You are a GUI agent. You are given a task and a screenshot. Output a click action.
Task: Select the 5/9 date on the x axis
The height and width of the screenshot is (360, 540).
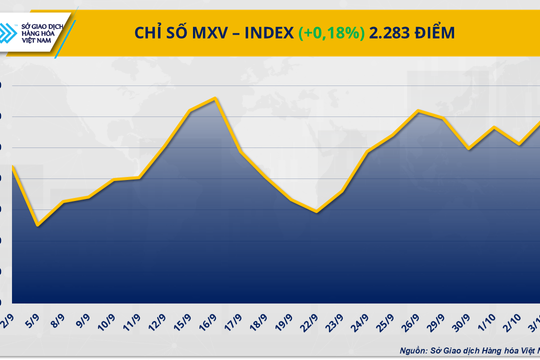(x=33, y=322)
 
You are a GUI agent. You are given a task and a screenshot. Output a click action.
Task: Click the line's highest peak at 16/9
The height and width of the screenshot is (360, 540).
(x=216, y=98)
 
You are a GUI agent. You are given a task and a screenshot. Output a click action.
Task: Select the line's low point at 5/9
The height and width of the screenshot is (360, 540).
(x=38, y=225)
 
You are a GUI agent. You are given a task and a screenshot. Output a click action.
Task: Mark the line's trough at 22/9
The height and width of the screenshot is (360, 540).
(x=317, y=212)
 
